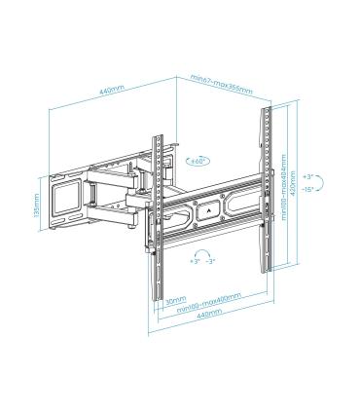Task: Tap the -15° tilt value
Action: click(x=308, y=191)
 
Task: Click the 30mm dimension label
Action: click(x=173, y=299)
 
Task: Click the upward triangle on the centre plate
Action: click(x=208, y=206)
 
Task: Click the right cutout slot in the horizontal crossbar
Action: click(x=239, y=206)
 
